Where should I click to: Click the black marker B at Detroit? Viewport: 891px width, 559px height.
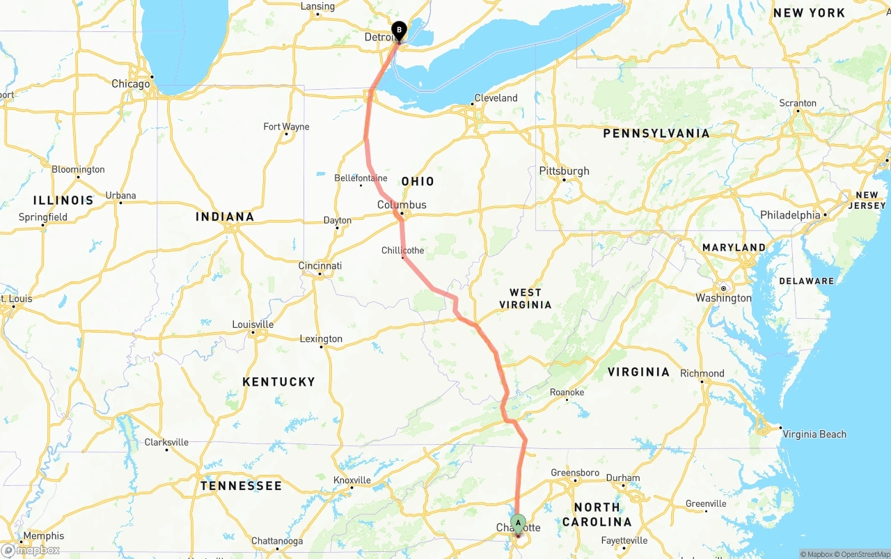(x=399, y=31)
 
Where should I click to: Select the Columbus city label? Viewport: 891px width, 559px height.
(x=402, y=205)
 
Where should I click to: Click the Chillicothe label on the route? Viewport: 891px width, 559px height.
(x=402, y=251)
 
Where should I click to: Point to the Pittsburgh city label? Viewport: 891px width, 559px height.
(x=564, y=171)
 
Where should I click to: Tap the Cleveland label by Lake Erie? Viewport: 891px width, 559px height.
(x=496, y=98)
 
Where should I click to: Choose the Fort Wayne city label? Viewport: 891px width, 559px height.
(x=286, y=127)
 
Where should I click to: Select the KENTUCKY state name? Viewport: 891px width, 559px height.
(x=278, y=381)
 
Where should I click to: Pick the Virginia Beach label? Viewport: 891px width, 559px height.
(x=814, y=434)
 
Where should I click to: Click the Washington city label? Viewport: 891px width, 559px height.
(x=723, y=298)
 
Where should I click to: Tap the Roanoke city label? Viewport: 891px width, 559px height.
(x=567, y=393)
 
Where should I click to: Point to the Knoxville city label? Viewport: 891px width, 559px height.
(x=352, y=480)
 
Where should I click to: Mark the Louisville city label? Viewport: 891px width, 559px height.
(x=253, y=324)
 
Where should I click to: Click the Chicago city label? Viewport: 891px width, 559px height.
(x=131, y=84)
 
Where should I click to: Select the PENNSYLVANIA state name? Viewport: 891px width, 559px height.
(x=656, y=133)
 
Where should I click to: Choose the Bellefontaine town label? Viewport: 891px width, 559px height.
(x=361, y=178)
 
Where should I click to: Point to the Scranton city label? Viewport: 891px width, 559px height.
(x=798, y=103)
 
